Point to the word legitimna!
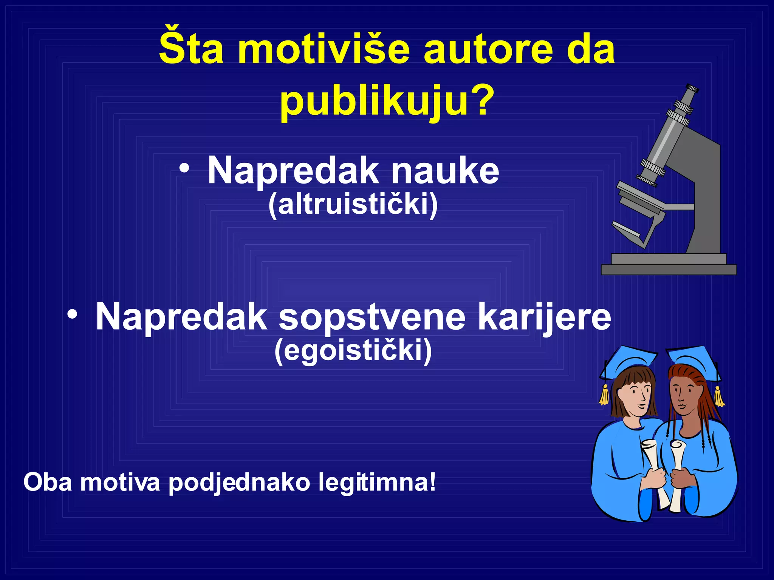click(x=377, y=483)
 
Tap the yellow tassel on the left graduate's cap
click(x=604, y=395)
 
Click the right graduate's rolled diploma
click(x=676, y=476)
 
